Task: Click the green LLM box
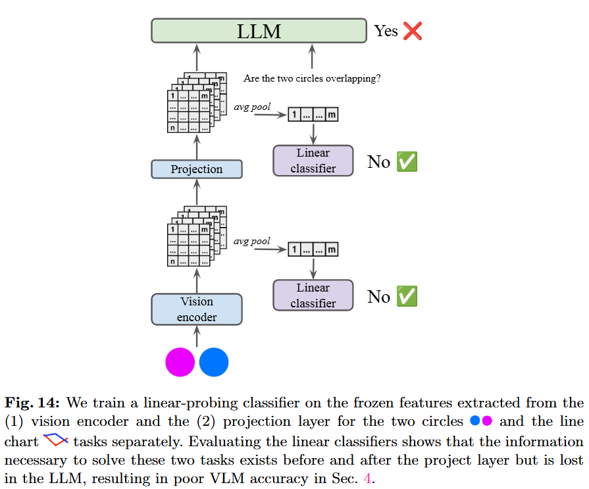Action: point(259,31)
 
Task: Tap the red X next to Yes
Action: point(413,31)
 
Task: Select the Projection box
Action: point(197,169)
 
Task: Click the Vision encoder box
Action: point(197,309)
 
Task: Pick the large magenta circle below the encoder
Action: point(180,362)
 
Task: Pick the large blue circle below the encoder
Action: point(214,362)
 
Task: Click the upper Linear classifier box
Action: point(313,161)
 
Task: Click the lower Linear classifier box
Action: point(313,296)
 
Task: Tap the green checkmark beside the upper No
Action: point(407,162)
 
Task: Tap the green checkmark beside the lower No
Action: point(407,297)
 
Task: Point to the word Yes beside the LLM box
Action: point(386,31)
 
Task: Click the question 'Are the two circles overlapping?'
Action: point(312,78)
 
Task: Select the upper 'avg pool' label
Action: point(252,107)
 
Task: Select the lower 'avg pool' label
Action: point(252,241)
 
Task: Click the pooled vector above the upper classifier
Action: point(313,115)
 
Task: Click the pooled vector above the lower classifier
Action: point(313,250)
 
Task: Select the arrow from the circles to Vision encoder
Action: point(197,336)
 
